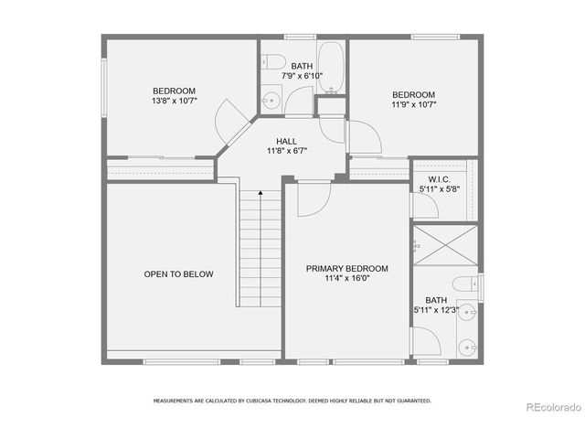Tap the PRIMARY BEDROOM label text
pos(346,269)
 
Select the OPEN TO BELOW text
pos(178,274)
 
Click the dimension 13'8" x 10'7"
pos(174,102)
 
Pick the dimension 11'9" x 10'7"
pos(413,106)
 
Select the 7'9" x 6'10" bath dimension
pos(302,76)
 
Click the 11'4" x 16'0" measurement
pos(346,279)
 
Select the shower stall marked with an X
pos(444,245)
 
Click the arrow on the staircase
pos(261,194)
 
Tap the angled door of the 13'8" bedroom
pos(229,118)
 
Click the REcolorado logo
pos(551,407)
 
